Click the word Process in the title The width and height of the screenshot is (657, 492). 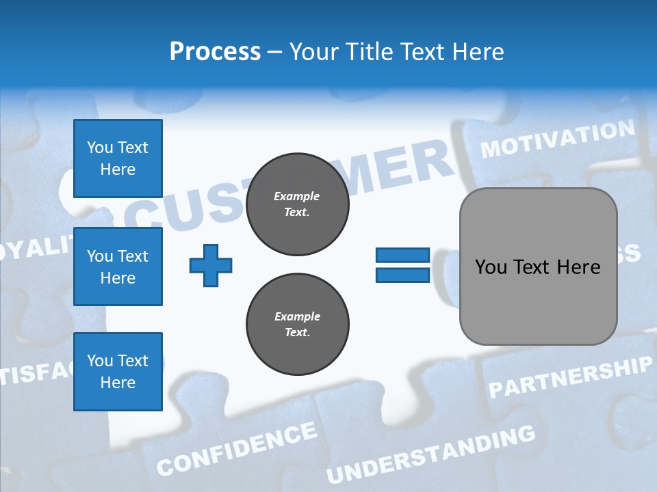point(215,52)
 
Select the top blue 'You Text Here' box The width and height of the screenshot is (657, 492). point(118,159)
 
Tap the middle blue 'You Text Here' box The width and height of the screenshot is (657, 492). point(118,266)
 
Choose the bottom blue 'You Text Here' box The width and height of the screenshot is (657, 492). point(118,372)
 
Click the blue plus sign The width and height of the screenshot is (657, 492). point(211,266)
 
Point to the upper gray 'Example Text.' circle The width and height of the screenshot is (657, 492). point(297,204)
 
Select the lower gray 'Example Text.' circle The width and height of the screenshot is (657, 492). point(297,325)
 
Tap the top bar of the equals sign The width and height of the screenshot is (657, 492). point(403,256)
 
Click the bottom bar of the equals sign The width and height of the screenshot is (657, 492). point(403,275)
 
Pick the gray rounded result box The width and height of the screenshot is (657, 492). point(538,266)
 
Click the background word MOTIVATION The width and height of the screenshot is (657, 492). point(558,139)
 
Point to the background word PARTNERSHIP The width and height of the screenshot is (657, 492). point(570,377)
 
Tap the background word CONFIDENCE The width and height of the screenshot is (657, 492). point(237,449)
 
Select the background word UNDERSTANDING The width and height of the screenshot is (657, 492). point(430,454)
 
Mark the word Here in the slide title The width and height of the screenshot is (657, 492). point(477,52)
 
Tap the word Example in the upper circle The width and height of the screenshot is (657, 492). point(297,196)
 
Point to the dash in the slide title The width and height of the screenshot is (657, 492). point(275,52)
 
